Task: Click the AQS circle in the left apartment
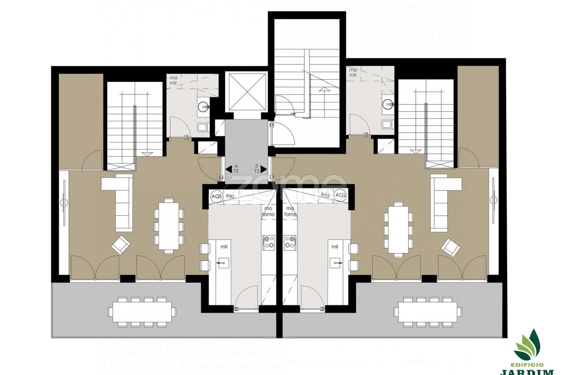point(217,195)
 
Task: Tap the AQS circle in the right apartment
point(340,195)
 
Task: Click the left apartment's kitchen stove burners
point(268,241)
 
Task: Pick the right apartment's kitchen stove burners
point(290,241)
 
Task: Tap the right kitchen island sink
point(336,264)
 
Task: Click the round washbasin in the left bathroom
point(204,106)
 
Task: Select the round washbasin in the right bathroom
point(387,105)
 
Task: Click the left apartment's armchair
point(120,244)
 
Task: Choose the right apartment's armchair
point(451,247)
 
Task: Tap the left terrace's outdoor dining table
point(142,311)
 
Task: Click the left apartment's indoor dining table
point(169,226)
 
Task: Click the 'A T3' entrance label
point(236,169)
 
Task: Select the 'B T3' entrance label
point(256,169)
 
